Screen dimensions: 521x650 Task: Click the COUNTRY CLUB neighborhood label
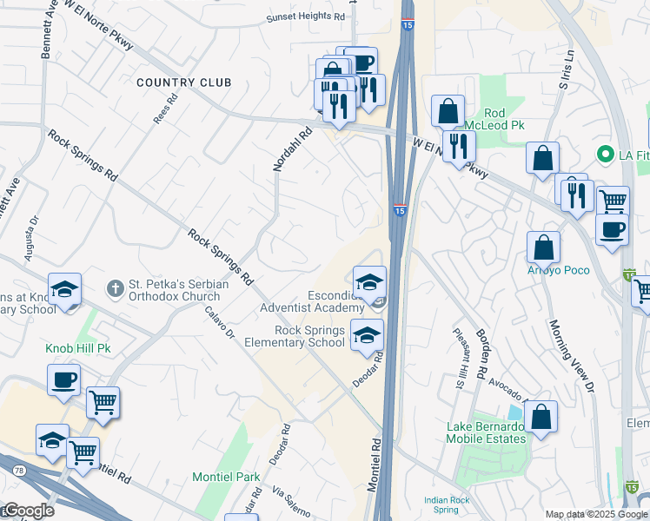click(184, 82)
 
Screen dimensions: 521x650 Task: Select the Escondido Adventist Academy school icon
click(368, 281)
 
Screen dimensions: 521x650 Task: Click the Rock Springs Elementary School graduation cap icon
click(367, 334)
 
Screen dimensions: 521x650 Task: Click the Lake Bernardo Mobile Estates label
click(487, 432)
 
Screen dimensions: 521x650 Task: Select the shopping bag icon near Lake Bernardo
click(541, 416)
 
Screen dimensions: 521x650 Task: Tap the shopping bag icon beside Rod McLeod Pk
click(448, 110)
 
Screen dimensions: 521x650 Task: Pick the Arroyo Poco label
click(558, 270)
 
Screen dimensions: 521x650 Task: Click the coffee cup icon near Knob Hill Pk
click(63, 379)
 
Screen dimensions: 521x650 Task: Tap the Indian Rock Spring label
click(447, 505)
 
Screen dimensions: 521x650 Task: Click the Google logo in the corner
click(28, 511)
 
